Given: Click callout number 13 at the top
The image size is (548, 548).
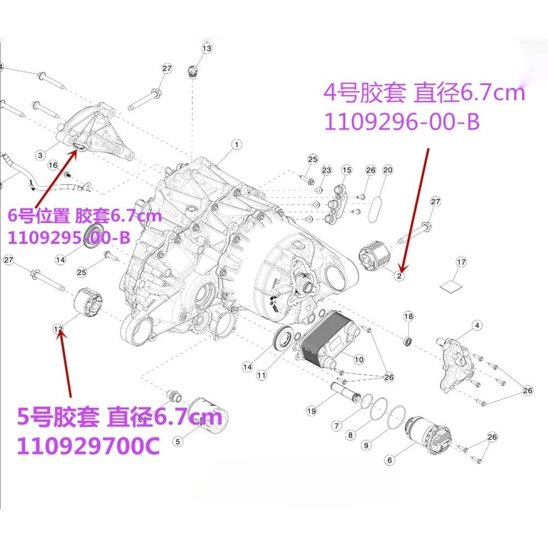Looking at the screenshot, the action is pyautogui.click(x=207, y=48).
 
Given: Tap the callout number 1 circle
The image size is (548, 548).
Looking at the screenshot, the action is pyautogui.click(x=237, y=144).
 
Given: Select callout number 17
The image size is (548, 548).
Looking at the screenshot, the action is pyautogui.click(x=461, y=262).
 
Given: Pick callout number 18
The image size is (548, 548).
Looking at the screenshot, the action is pyautogui.click(x=408, y=317).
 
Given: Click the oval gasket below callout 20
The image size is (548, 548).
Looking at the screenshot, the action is pyautogui.click(x=377, y=209).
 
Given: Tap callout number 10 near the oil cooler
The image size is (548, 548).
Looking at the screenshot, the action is pyautogui.click(x=358, y=359).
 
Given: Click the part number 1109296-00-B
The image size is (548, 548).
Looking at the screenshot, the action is pyautogui.click(x=402, y=122).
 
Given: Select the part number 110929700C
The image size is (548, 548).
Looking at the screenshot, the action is pyautogui.click(x=88, y=446).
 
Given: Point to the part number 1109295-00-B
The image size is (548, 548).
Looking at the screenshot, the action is pyautogui.click(x=69, y=238).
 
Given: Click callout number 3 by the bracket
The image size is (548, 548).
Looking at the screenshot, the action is pyautogui.click(x=41, y=155).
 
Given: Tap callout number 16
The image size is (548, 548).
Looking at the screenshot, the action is pyautogui.click(x=53, y=165).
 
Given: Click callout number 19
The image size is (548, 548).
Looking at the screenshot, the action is pyautogui.click(x=311, y=410).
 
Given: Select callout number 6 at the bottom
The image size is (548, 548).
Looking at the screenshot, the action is pyautogui.click(x=390, y=460).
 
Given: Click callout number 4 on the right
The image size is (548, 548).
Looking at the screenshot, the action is pyautogui.click(x=477, y=326).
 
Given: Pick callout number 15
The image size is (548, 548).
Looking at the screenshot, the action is pyautogui.click(x=347, y=170).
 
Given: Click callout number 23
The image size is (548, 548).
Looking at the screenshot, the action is pyautogui.click(x=326, y=170).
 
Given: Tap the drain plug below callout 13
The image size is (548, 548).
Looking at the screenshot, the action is pyautogui.click(x=192, y=71).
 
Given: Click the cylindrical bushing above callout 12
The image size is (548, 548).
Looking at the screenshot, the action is pyautogui.click(x=88, y=302).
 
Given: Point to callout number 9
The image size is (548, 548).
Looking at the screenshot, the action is pyautogui.click(x=366, y=445).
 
